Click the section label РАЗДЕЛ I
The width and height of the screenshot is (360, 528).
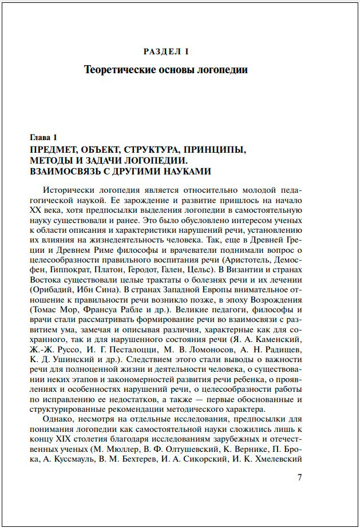[165, 51]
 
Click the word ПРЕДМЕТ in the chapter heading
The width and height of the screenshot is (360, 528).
[59, 150]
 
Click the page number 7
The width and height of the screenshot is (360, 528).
[299, 478]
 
